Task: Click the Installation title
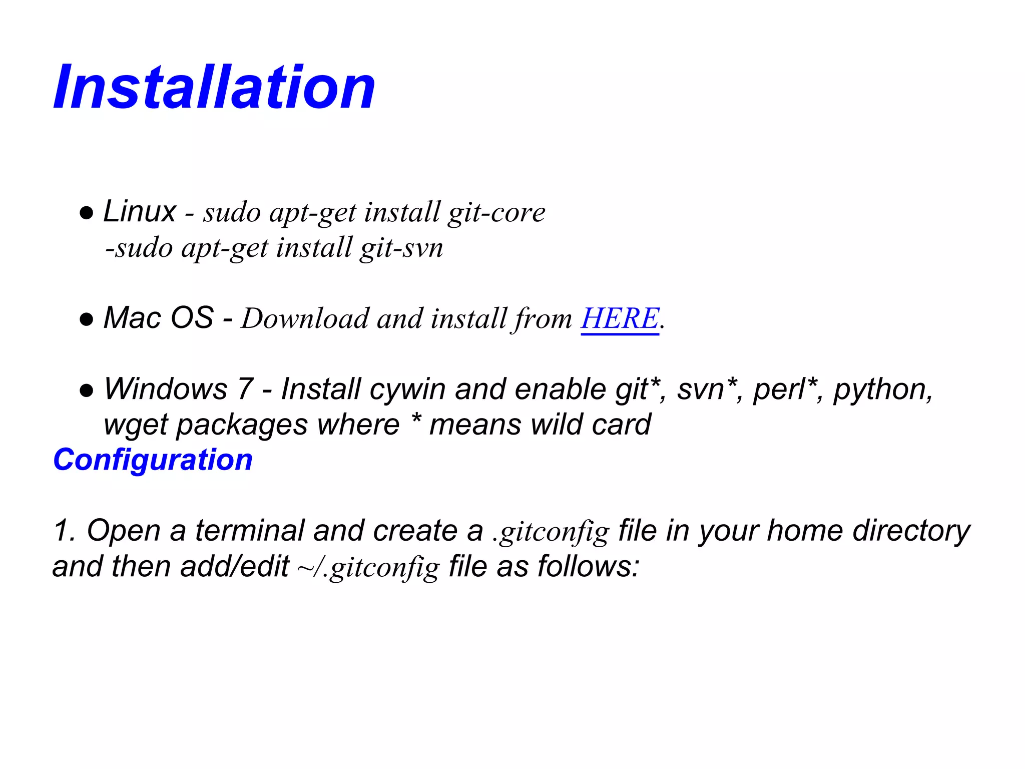tap(214, 88)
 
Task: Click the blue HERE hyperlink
tap(620, 318)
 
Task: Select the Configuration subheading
tap(153, 460)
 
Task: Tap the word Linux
tap(139, 211)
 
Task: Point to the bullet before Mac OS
tap(87, 320)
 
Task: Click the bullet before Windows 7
tap(87, 391)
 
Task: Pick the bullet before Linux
tap(87, 213)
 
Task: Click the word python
tap(883, 390)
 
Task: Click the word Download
tap(305, 318)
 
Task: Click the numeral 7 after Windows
tap(245, 390)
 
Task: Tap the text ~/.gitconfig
tap(368, 568)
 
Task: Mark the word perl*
tap(785, 390)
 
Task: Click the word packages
tap(242, 426)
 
